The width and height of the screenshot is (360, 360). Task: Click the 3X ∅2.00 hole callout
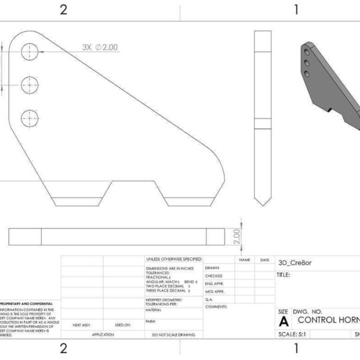point(100,47)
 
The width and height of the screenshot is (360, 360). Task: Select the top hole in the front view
point(30,52)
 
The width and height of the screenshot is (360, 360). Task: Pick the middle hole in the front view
point(30,84)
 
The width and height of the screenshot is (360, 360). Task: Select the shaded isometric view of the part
point(328,84)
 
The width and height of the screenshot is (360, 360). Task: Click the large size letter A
point(283,322)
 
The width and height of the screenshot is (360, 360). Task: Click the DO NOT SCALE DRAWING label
point(173,335)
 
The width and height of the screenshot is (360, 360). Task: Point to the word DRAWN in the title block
point(212,268)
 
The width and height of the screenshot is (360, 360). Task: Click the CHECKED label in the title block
point(213,276)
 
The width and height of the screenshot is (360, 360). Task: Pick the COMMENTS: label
point(216,306)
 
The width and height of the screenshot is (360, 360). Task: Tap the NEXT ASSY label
point(82,324)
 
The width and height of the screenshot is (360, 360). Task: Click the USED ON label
point(123,324)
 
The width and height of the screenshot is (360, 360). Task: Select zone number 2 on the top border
point(63,10)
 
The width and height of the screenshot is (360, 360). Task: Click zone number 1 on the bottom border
point(297,348)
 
